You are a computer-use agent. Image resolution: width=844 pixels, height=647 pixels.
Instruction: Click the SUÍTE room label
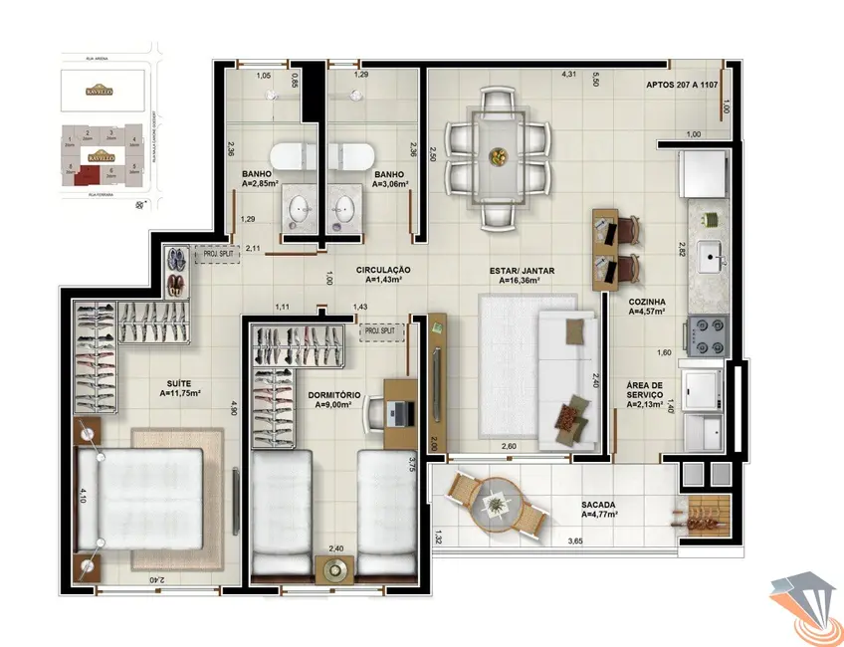pyautogui.click(x=180, y=388)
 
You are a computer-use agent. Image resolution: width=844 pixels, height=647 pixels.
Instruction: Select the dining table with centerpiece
pyautogui.click(x=499, y=155)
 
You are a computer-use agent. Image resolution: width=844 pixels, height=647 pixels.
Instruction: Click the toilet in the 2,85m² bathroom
pyautogui.click(x=295, y=156)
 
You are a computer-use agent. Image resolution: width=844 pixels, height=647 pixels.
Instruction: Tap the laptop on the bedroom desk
pyautogui.click(x=397, y=411)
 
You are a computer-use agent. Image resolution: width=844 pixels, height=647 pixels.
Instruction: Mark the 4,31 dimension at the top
pyautogui.click(x=569, y=74)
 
